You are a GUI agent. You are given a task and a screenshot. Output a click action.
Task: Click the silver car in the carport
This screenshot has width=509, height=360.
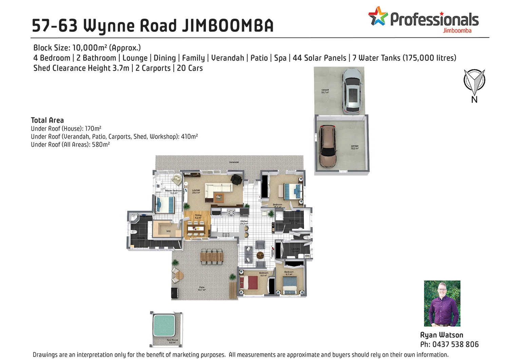click(x=352, y=91)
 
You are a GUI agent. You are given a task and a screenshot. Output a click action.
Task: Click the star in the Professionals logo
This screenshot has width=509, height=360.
click(x=378, y=16)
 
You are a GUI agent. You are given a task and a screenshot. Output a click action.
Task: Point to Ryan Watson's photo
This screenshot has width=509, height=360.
click(x=442, y=303)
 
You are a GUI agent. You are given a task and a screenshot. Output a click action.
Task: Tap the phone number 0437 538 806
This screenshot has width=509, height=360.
click(x=455, y=344)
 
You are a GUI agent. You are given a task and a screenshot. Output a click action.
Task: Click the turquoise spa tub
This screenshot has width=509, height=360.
click(x=164, y=325)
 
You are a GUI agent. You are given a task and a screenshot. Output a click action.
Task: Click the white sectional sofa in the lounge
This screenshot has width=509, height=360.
click(x=218, y=190)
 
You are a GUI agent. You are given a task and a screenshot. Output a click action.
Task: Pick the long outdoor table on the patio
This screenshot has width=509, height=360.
click(x=212, y=257)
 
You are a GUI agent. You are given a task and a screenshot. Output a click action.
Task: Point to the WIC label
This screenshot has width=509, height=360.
click(x=169, y=231)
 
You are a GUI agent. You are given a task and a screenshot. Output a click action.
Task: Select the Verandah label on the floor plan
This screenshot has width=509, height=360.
click(x=234, y=162)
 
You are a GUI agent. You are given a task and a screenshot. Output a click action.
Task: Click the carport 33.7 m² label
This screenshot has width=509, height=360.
click(x=325, y=91)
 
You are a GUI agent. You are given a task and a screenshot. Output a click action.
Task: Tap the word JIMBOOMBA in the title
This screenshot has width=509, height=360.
click(x=227, y=26)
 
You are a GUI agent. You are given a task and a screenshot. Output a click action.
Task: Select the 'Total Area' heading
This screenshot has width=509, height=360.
click(x=47, y=120)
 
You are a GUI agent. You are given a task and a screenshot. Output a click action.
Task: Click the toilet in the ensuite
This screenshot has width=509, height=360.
click(x=134, y=232)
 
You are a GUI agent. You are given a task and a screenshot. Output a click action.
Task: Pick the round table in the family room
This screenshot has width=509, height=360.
click(x=260, y=255)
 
